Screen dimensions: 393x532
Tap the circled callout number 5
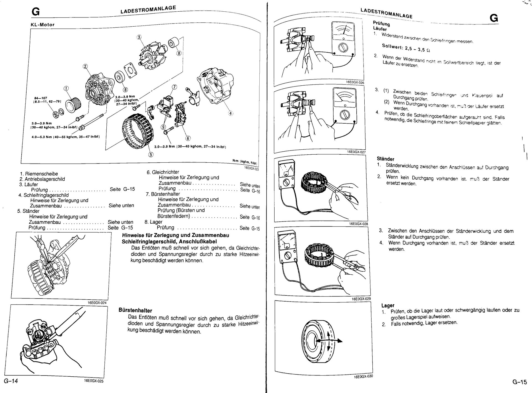pyautogui.click(x=150, y=155)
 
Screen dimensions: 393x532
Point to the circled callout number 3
pyautogui.click(x=139, y=37)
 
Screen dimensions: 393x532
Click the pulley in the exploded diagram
pyautogui.click(x=73, y=106)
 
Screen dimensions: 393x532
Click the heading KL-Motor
pyautogui.click(x=42, y=25)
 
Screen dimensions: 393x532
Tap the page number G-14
pyautogui.click(x=11, y=381)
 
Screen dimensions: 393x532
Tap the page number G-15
pyautogui.click(x=519, y=382)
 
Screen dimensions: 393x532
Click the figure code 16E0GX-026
pyautogui.click(x=355, y=82)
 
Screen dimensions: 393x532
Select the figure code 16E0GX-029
pyautogui.click(x=361, y=299)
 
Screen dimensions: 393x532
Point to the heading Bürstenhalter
pyautogui.click(x=135, y=310)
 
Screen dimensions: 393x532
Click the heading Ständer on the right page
pyautogui.click(x=385, y=159)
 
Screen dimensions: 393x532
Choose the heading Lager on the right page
pyautogui.click(x=388, y=305)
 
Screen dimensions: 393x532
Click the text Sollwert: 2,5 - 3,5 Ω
pyautogui.click(x=406, y=48)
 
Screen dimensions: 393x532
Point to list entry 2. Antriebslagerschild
pyautogui.click(x=42, y=179)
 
